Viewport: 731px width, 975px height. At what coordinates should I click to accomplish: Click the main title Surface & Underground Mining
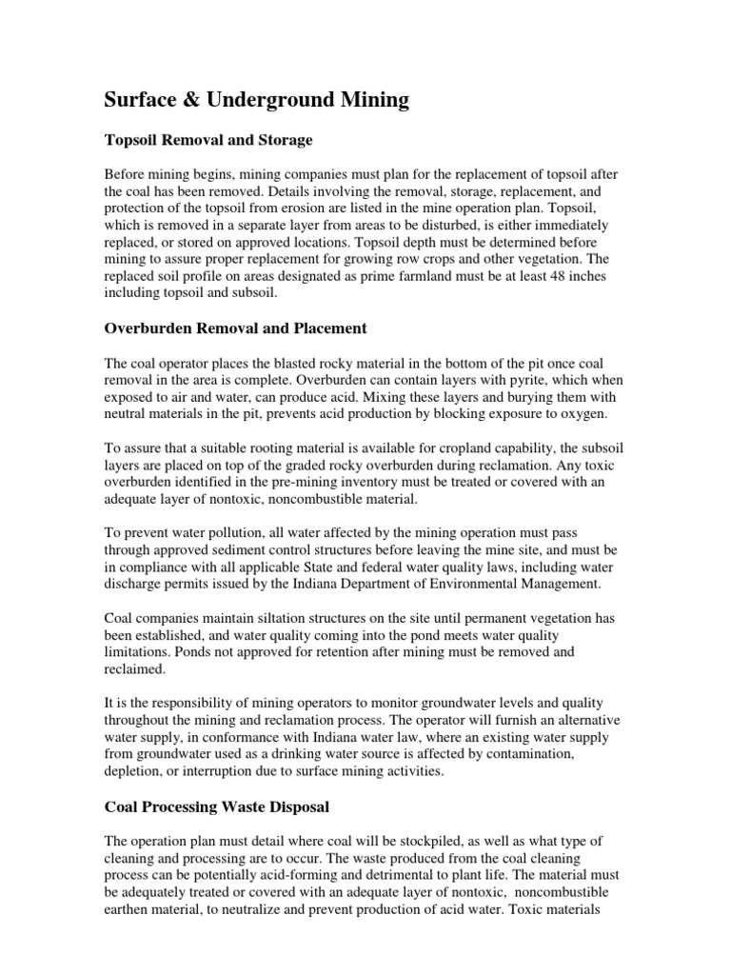(x=256, y=100)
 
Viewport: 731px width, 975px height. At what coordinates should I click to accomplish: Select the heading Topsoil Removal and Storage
(x=208, y=140)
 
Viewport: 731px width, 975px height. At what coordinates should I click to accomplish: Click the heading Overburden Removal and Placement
(x=234, y=328)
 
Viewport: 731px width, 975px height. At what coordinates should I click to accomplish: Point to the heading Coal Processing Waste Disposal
(x=216, y=806)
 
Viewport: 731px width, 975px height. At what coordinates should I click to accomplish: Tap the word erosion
(x=289, y=209)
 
